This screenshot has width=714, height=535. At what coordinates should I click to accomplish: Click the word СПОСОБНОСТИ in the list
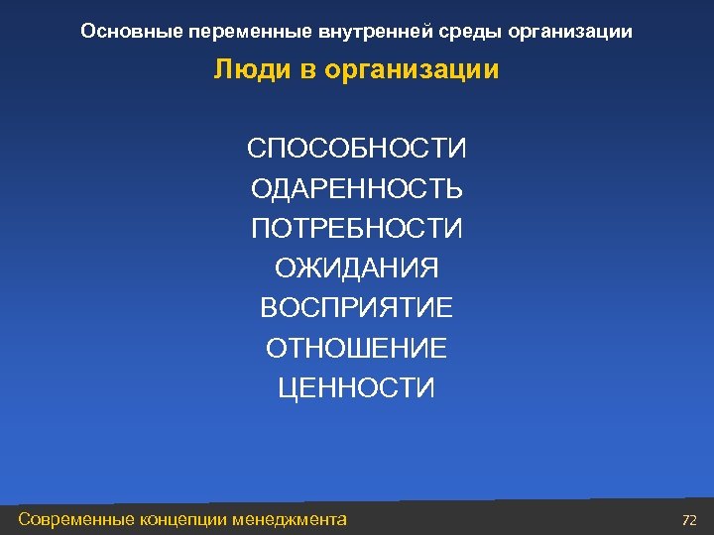click(x=356, y=149)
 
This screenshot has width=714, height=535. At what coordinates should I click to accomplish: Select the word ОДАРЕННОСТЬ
click(x=356, y=188)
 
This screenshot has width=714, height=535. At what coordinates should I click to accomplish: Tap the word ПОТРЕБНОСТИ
click(x=356, y=229)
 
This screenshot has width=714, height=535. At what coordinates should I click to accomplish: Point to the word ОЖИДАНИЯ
click(x=356, y=268)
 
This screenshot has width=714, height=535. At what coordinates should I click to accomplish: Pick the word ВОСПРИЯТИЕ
click(x=356, y=308)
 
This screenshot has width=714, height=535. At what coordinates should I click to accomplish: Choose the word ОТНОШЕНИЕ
click(x=356, y=348)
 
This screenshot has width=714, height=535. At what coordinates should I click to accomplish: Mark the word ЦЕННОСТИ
click(x=356, y=387)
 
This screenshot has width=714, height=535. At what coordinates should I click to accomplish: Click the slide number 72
click(x=690, y=519)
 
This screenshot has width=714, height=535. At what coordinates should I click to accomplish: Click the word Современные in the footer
click(x=78, y=518)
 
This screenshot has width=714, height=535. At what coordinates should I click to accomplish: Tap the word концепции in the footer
click(x=184, y=518)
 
